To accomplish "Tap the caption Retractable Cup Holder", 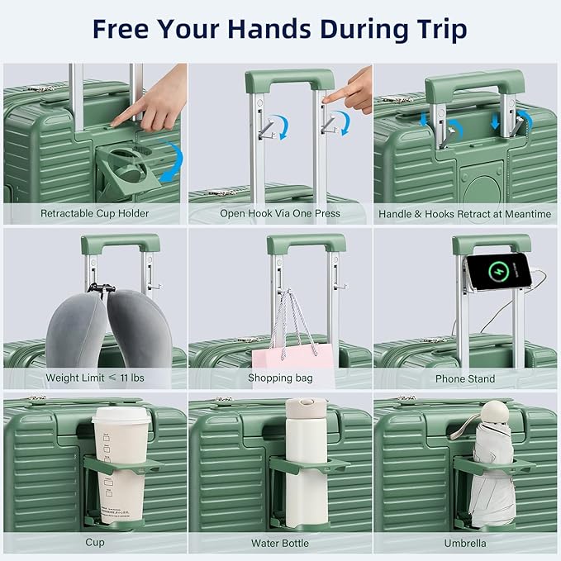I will pos(95,214).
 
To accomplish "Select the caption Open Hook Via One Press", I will pos(280,214).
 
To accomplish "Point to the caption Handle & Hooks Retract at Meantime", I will pos(465,214).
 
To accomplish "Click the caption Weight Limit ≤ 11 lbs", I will pos(95,378).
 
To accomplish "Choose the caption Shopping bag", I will pos(280,378).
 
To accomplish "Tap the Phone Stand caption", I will pos(465,378).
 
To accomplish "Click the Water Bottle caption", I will pos(280,543).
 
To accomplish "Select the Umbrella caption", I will pos(465,543).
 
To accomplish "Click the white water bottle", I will pos(305,471).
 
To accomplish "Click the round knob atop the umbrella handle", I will pos(494,410).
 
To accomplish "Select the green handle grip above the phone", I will pos(491,244).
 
